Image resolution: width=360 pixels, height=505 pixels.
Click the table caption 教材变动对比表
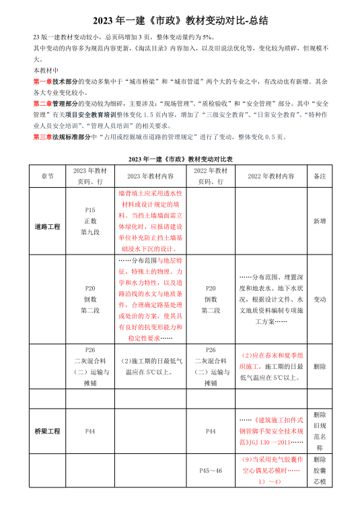180,158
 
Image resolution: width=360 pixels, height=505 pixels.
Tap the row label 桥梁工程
48,430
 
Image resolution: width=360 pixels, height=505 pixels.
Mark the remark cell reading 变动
320,299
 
